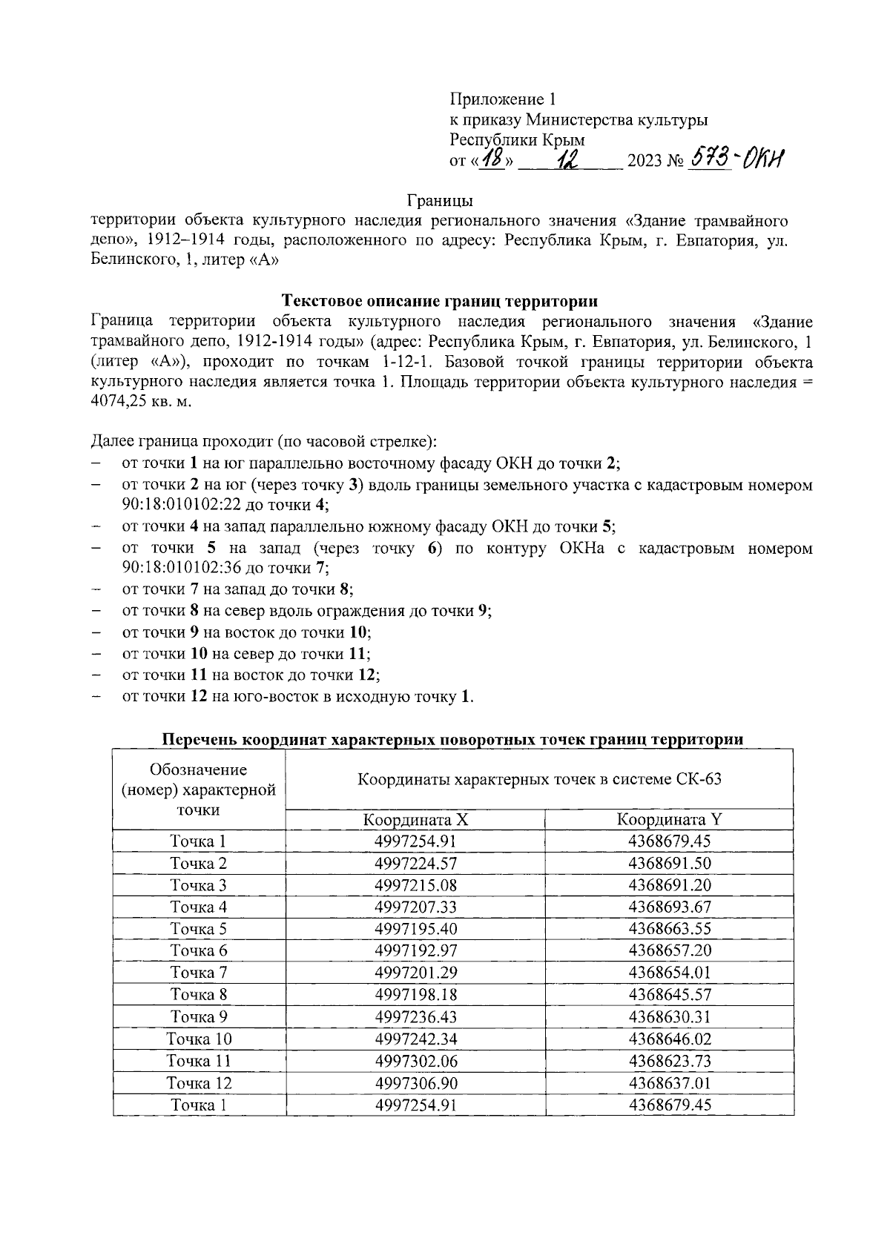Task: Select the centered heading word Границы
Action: click(x=440, y=200)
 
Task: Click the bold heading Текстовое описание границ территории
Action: click(x=441, y=301)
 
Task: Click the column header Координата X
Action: click(x=415, y=820)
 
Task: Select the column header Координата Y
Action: click(x=670, y=820)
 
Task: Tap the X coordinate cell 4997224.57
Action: click(x=415, y=863)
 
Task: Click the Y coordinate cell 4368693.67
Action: click(x=670, y=907)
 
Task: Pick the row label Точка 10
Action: click(x=199, y=1039)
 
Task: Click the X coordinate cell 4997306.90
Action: click(x=415, y=1083)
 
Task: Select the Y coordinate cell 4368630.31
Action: click(x=670, y=1016)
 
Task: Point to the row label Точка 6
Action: click(x=199, y=950)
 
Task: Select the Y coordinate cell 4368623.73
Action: click(x=670, y=1061)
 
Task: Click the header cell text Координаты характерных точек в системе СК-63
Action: click(x=539, y=779)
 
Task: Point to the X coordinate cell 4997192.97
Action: click(x=415, y=950)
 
